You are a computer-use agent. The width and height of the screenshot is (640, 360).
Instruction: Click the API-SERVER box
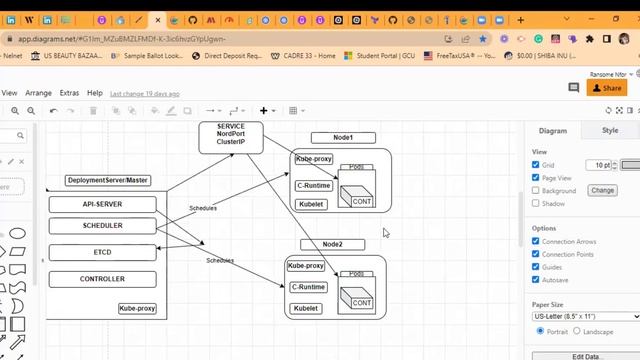pyautogui.click(x=103, y=204)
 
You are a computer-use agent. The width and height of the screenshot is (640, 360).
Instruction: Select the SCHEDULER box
pyautogui.click(x=103, y=226)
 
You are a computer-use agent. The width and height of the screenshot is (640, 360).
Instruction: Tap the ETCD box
pyautogui.click(x=103, y=252)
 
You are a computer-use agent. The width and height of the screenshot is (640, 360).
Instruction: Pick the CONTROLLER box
pyautogui.click(x=103, y=279)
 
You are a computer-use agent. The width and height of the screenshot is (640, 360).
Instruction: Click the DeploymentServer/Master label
pyautogui.click(x=108, y=181)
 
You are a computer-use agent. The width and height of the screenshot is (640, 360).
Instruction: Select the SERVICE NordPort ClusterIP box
pyautogui.click(x=230, y=136)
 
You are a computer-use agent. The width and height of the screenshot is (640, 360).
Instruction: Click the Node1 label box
pyautogui.click(x=343, y=137)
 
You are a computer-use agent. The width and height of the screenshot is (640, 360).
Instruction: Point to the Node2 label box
pyautogui.click(x=332, y=245)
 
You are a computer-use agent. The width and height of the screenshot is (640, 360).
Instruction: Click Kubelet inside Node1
pyautogui.click(x=312, y=204)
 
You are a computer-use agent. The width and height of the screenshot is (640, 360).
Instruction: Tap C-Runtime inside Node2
pyautogui.click(x=308, y=287)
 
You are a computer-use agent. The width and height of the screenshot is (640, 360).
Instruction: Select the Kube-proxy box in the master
pyautogui.click(x=137, y=309)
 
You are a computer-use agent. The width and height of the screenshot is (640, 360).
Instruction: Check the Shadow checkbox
pyautogui.click(x=536, y=203)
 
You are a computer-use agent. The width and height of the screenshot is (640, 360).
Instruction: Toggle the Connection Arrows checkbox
pyautogui.click(x=536, y=242)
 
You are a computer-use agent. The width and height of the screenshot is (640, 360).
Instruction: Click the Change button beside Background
pyautogui.click(x=602, y=190)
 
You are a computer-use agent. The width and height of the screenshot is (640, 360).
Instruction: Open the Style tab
pyautogui.click(x=609, y=131)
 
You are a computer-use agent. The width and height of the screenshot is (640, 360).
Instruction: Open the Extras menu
pyautogui.click(x=69, y=93)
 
